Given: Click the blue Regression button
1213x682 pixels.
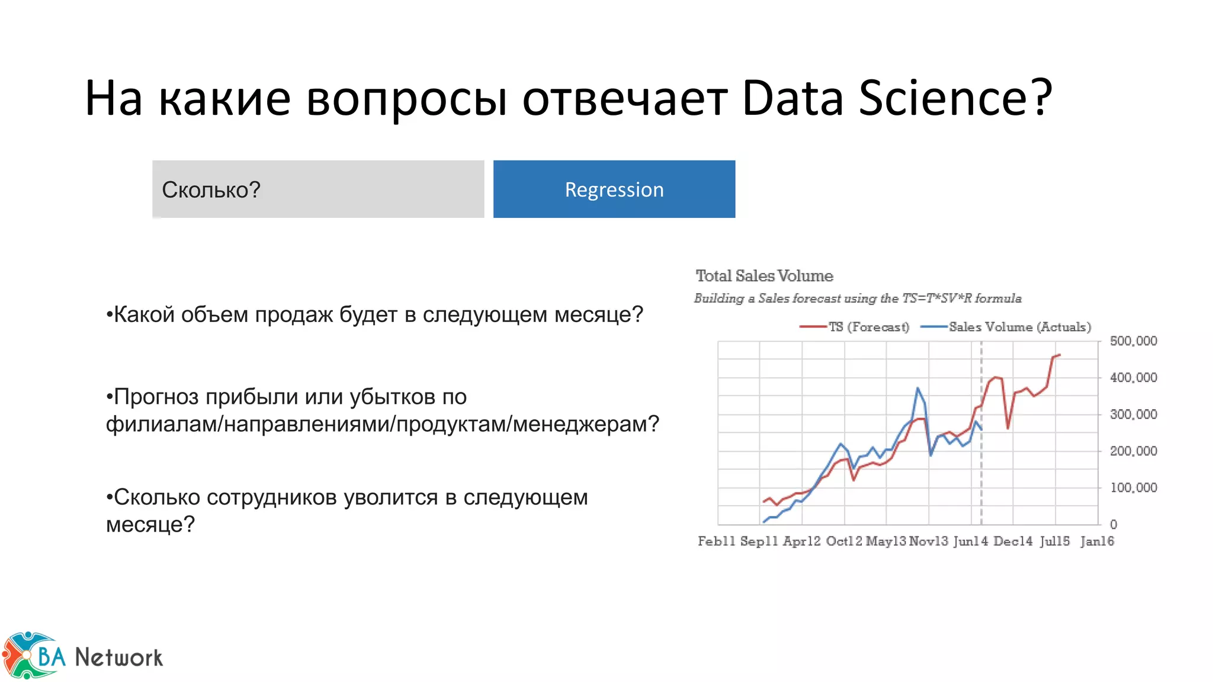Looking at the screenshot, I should click(x=614, y=189).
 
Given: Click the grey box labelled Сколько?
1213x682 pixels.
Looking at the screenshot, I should click(x=317, y=189).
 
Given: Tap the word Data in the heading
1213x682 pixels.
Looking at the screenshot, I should click(x=792, y=98).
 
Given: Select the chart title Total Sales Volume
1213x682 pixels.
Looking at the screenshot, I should click(x=764, y=276).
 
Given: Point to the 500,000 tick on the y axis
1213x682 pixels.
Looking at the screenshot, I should click(x=1132, y=341).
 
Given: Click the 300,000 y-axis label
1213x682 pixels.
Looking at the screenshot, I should click(x=1132, y=414).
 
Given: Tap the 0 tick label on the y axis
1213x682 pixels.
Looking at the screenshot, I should click(x=1113, y=525).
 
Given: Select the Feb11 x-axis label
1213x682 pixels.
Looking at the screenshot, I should click(x=716, y=541).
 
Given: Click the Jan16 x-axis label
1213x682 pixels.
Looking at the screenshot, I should click(x=1097, y=541).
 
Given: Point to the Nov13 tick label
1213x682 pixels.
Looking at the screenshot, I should click(x=928, y=541).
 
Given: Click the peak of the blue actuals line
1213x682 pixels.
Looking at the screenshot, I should click(x=917, y=388).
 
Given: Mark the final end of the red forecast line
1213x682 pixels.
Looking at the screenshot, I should click(x=1060, y=355).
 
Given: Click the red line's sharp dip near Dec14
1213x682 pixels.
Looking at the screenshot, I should click(x=1007, y=428).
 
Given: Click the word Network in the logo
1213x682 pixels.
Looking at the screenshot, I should click(x=118, y=657).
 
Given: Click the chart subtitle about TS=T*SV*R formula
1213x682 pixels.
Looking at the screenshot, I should click(x=858, y=298).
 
